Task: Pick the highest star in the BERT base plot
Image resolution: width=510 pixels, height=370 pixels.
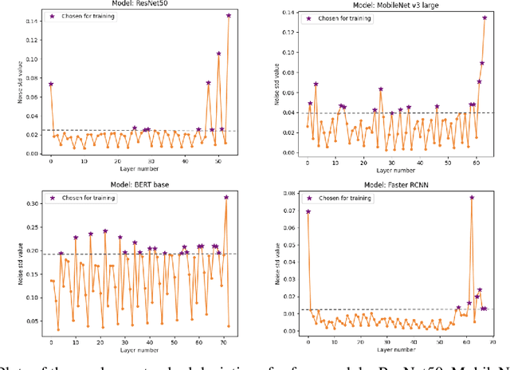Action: click(226, 198)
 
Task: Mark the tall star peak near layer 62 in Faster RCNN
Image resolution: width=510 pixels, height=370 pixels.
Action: click(472, 197)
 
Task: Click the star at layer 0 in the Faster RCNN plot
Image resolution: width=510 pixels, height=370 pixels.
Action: click(308, 211)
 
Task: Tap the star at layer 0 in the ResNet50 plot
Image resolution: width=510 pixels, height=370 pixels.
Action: click(51, 84)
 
